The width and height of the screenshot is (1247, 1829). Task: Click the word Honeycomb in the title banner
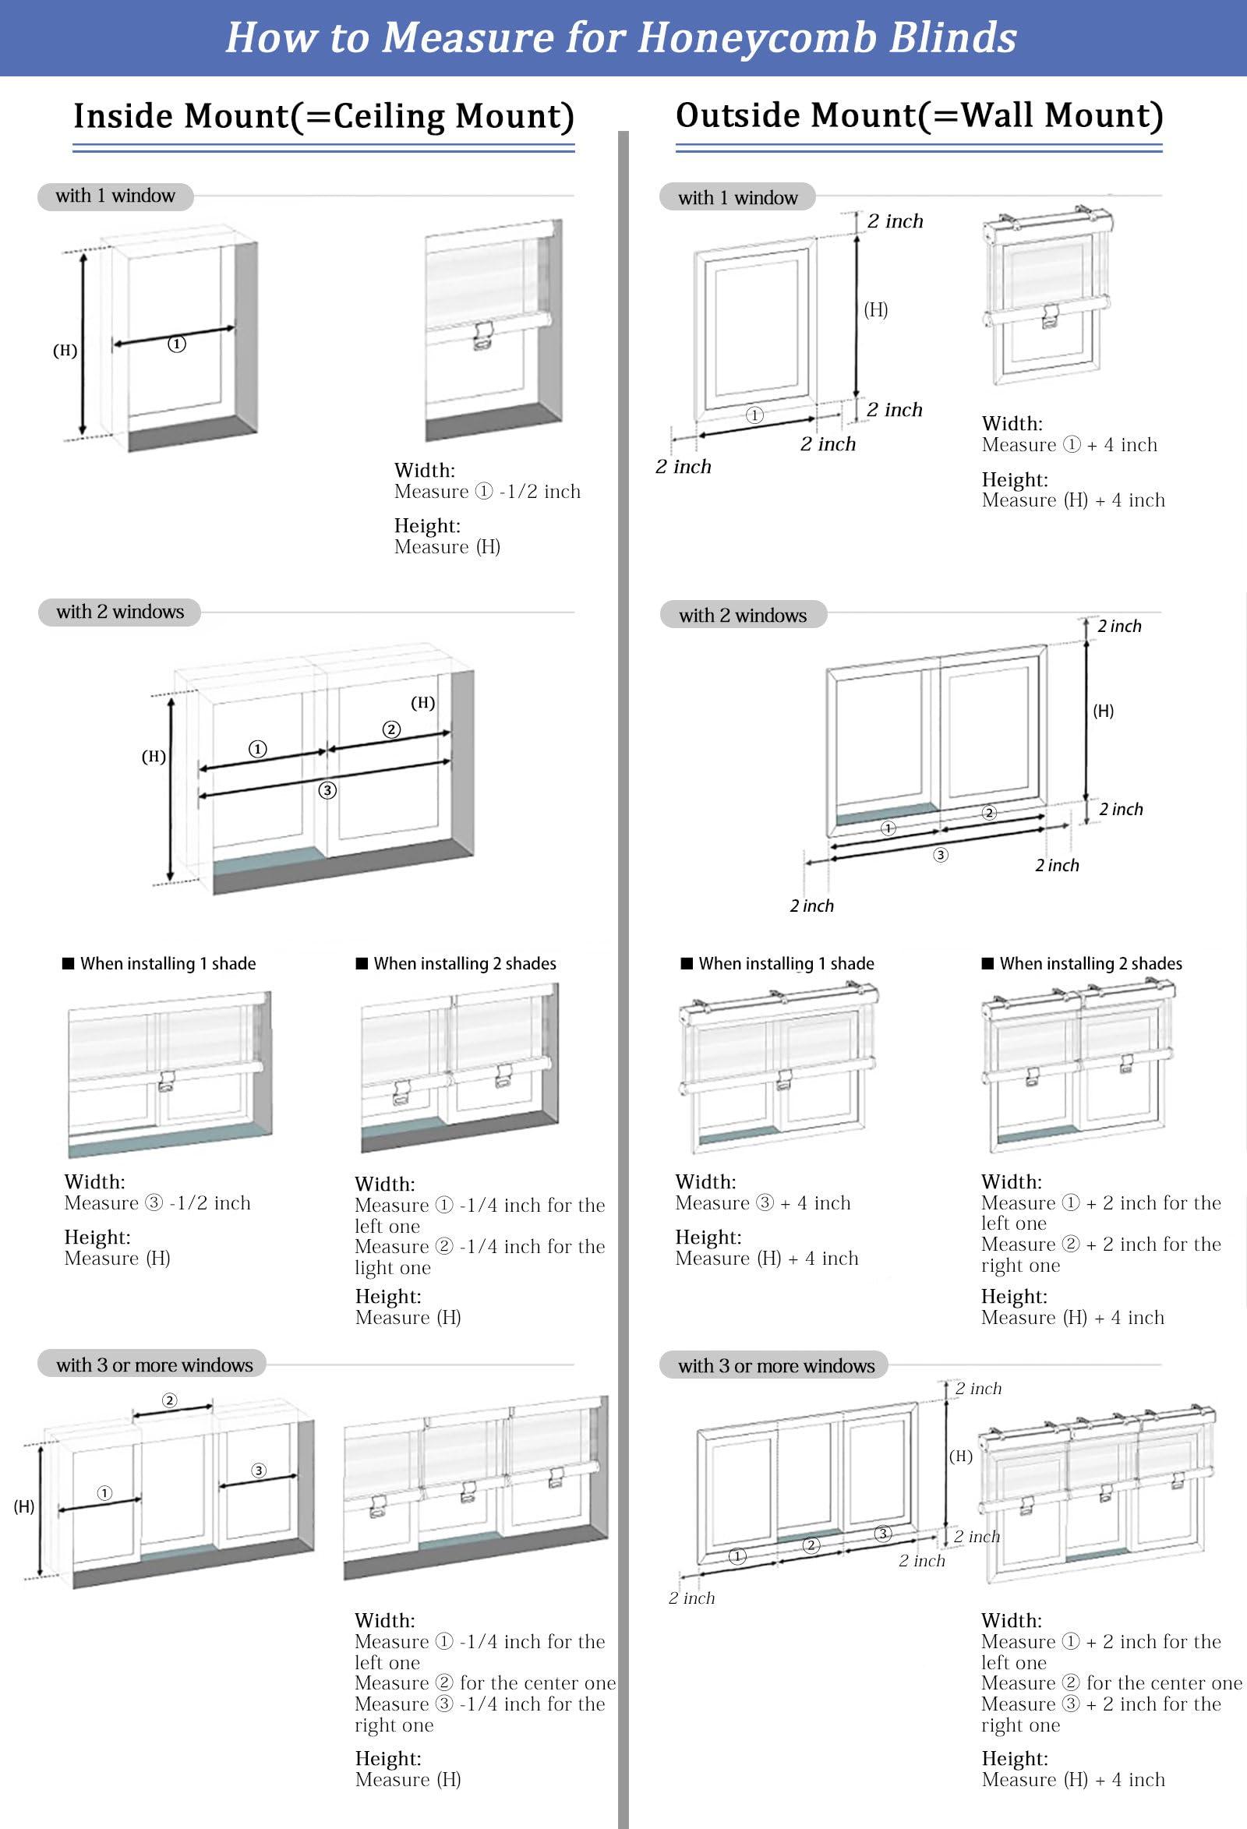pos(755,37)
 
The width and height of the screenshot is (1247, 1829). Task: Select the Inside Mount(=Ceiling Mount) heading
pos(323,116)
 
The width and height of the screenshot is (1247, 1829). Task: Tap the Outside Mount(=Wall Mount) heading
pos(919,115)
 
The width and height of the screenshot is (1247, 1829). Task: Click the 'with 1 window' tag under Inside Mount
pos(115,196)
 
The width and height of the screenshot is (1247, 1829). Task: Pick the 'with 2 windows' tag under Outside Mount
pos(743,616)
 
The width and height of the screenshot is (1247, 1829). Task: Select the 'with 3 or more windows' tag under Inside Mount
pos(154,1365)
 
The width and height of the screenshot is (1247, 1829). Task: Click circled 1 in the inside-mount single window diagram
pos(177,344)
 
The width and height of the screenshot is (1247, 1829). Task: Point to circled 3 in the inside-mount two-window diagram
pos(327,790)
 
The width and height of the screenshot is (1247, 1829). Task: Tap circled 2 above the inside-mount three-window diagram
pos(169,1400)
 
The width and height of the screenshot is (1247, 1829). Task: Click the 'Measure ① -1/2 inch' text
pos(487,492)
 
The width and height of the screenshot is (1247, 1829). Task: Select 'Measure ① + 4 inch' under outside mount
pos(1069,446)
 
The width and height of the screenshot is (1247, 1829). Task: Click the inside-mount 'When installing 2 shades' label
pos(465,963)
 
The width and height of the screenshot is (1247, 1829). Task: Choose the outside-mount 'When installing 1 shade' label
pos(786,963)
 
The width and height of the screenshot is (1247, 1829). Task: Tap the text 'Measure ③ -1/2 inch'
pos(157,1202)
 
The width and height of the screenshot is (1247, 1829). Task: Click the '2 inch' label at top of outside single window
pos(894,221)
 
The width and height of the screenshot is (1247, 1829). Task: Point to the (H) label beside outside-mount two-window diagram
pos(1103,711)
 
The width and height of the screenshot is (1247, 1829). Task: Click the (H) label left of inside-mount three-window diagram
pos(23,1506)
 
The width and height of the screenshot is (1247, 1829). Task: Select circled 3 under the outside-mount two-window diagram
pos(941,855)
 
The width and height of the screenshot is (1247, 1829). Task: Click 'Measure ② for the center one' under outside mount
pos(1111,1682)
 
